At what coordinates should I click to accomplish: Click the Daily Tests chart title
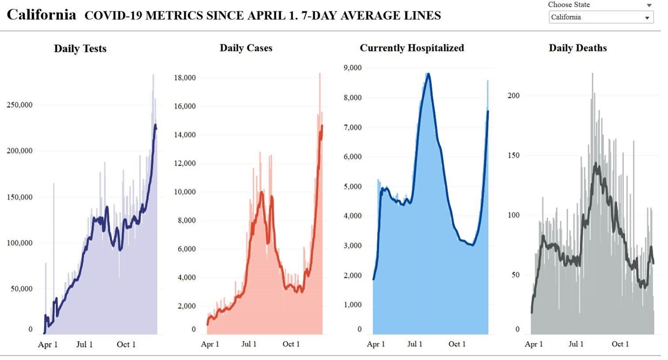80,49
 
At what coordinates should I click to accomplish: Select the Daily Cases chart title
246,48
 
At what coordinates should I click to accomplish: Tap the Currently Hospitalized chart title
412,48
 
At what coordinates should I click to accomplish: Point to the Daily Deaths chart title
577,48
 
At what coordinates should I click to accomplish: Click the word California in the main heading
42,15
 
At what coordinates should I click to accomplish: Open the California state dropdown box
601,17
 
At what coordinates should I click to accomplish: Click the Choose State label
569,4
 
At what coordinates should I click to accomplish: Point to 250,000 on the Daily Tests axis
19,105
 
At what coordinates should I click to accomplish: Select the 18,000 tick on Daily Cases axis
185,78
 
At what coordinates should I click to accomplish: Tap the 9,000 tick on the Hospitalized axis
352,68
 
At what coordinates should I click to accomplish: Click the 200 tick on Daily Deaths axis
513,96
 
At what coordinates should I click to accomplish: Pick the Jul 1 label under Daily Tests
84,345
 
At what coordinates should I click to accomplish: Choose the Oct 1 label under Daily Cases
291,344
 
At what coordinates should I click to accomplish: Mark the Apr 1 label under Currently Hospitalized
376,344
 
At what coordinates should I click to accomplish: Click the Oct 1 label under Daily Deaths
620,344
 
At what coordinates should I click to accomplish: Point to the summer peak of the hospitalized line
428,74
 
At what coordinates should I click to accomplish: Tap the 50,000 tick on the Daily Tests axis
21,289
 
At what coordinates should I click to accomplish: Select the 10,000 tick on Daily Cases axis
185,192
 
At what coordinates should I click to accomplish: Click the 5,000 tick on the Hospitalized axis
352,187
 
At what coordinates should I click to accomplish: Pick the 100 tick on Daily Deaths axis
513,215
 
